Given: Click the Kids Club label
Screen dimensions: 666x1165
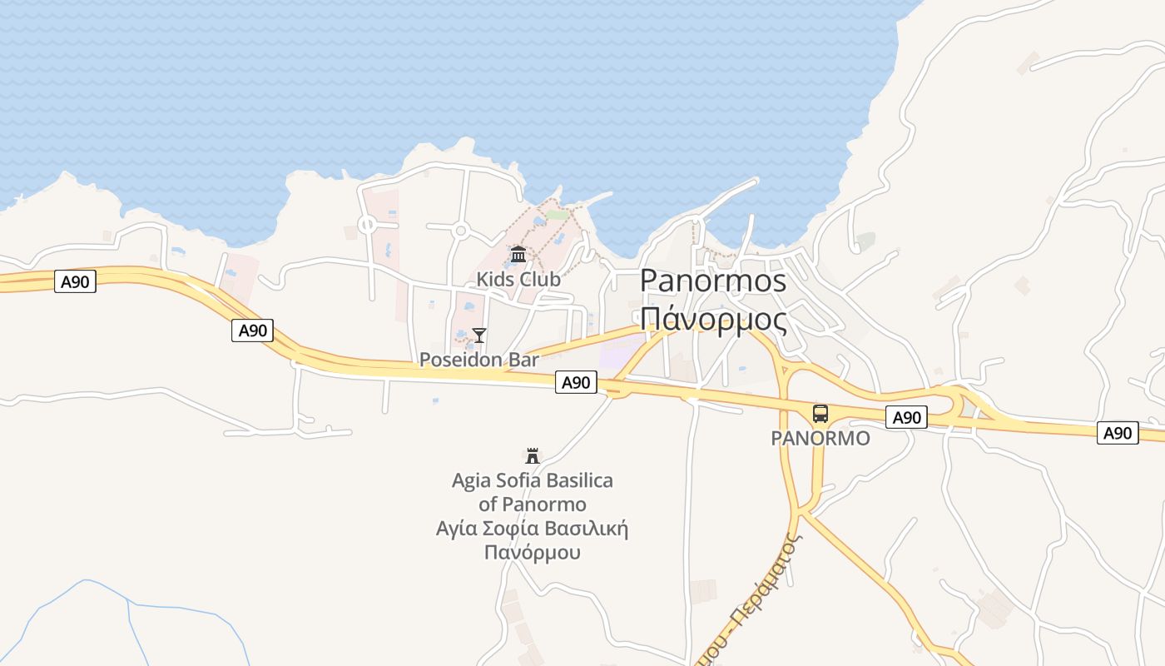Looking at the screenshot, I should [518, 279].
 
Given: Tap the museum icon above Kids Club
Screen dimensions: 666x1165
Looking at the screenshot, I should [518, 253].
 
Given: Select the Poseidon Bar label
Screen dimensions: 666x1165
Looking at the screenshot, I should [479, 360].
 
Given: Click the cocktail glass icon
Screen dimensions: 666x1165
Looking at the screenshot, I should [479, 335].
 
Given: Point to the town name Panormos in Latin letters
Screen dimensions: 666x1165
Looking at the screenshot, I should [712, 281].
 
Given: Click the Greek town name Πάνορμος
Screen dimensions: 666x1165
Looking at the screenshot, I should [712, 319].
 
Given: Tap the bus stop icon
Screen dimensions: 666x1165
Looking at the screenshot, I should [820, 413].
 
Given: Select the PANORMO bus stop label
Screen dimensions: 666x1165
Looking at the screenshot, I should [820, 438].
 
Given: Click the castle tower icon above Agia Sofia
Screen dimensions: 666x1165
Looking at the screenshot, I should [533, 455].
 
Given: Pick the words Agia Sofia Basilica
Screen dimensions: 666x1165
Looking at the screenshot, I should [533, 480].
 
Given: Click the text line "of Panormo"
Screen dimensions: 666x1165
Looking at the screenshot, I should [533, 504].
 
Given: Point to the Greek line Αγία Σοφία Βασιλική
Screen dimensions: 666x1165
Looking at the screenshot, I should [533, 529].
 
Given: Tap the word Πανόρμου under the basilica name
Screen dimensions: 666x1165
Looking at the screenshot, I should [533, 552].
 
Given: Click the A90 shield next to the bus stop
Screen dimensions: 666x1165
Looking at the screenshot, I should [906, 417].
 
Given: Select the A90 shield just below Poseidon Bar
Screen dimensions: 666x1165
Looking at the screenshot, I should [576, 382].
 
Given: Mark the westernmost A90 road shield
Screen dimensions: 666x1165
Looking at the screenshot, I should [75, 281].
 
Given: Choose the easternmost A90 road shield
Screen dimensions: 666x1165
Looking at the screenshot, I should [1118, 433].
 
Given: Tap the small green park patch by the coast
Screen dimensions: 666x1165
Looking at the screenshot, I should [558, 214].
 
